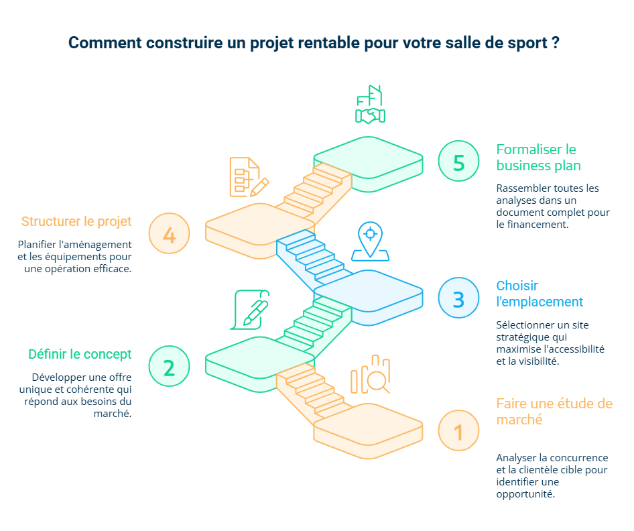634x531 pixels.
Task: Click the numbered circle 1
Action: [459, 430]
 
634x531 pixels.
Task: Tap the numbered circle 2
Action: [169, 366]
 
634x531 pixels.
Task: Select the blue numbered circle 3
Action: [459, 298]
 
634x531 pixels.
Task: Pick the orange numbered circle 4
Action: [169, 233]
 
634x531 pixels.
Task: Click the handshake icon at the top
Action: [369, 106]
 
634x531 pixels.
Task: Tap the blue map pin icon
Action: [369, 241]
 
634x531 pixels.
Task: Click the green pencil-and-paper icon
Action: [250, 310]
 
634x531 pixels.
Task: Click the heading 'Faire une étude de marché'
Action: [554, 411]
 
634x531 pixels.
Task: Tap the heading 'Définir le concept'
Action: [80, 354]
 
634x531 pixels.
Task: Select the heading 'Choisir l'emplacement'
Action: [539, 294]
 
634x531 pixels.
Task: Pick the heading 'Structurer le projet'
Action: [76, 221]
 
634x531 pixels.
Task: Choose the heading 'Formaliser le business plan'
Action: [537, 157]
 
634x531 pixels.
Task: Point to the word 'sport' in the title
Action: [528, 43]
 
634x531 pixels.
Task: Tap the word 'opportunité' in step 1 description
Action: [525, 494]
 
